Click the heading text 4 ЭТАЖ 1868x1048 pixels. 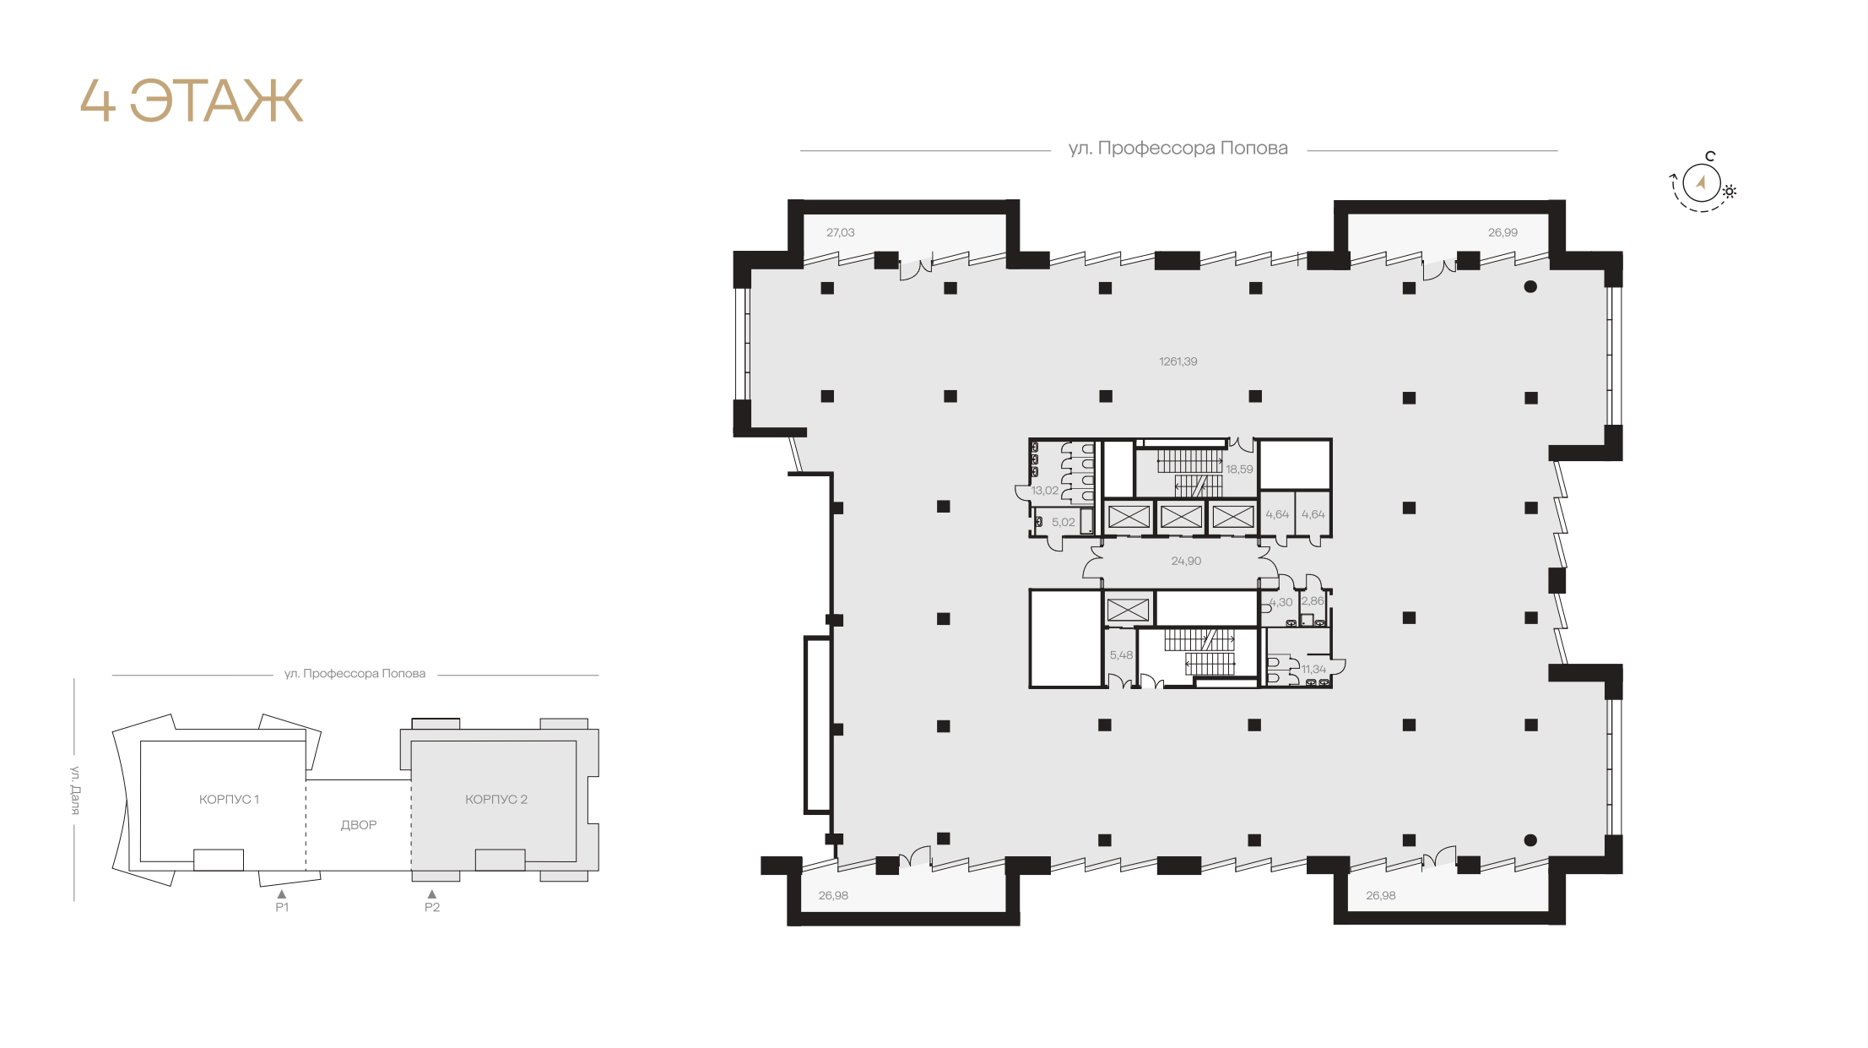[x=192, y=101]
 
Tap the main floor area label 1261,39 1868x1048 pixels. [x=1178, y=361]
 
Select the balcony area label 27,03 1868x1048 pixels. [x=840, y=232]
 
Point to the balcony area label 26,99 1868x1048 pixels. [x=1502, y=232]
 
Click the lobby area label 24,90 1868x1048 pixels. [x=1186, y=561]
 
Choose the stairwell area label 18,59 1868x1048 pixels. [x=1239, y=470]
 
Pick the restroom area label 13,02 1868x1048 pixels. [x=1045, y=491]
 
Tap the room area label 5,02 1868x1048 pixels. [x=1064, y=523]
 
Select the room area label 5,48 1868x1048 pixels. [x=1121, y=655]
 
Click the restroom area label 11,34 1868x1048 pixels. [x=1313, y=669]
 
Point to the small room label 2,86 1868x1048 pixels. [x=1313, y=601]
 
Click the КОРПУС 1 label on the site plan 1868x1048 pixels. [x=229, y=799]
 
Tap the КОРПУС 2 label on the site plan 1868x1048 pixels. [x=496, y=799]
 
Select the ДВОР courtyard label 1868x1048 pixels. [x=359, y=825]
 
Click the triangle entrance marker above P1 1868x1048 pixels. [x=282, y=893]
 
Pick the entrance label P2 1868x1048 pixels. [x=432, y=908]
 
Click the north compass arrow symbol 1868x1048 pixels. [x=1702, y=182]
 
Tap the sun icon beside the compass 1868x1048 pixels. [x=1729, y=192]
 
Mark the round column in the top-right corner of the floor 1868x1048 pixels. [x=1530, y=287]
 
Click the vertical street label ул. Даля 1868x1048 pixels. [x=75, y=790]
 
